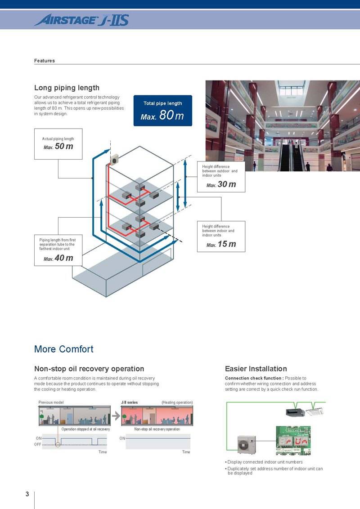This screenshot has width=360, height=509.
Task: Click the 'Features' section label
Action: click(x=45, y=61)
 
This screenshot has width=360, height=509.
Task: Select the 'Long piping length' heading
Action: click(x=67, y=88)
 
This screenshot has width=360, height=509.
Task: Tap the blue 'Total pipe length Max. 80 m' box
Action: click(x=162, y=110)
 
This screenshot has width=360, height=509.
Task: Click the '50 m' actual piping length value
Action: click(x=63, y=147)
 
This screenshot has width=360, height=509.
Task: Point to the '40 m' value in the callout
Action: click(x=63, y=258)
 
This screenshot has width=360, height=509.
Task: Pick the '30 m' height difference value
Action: click(x=226, y=184)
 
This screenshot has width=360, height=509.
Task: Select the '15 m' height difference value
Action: click(x=226, y=244)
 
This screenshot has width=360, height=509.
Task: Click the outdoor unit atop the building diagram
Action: click(x=115, y=159)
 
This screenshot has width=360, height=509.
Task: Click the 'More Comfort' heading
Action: click(x=64, y=349)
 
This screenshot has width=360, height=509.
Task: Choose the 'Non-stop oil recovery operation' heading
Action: click(x=89, y=369)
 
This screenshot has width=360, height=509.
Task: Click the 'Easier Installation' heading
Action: click(x=256, y=369)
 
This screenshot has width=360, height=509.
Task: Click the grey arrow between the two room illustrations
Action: click(x=116, y=416)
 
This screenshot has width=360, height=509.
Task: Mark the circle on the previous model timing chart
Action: click(x=57, y=445)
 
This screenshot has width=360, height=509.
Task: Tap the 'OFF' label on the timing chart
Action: click(x=38, y=444)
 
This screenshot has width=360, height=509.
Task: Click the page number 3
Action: click(x=27, y=494)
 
